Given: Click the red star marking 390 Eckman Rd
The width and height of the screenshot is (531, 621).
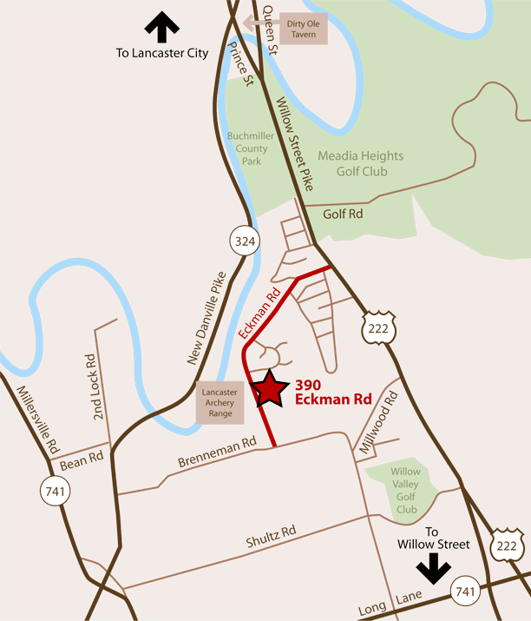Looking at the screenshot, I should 268,388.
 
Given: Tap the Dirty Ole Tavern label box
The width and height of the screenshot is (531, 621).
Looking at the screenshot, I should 303,28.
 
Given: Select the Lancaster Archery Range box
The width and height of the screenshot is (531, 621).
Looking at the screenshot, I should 220,403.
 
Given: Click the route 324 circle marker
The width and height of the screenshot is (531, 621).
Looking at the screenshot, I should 246,241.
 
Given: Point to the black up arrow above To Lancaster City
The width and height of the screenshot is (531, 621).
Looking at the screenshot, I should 161,27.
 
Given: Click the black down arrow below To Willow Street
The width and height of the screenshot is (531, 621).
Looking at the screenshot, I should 432,569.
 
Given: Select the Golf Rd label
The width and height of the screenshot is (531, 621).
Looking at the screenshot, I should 342,213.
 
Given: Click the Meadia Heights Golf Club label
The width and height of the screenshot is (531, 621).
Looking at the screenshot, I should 359,163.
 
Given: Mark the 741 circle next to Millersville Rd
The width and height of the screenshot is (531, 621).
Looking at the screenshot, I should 55,492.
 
